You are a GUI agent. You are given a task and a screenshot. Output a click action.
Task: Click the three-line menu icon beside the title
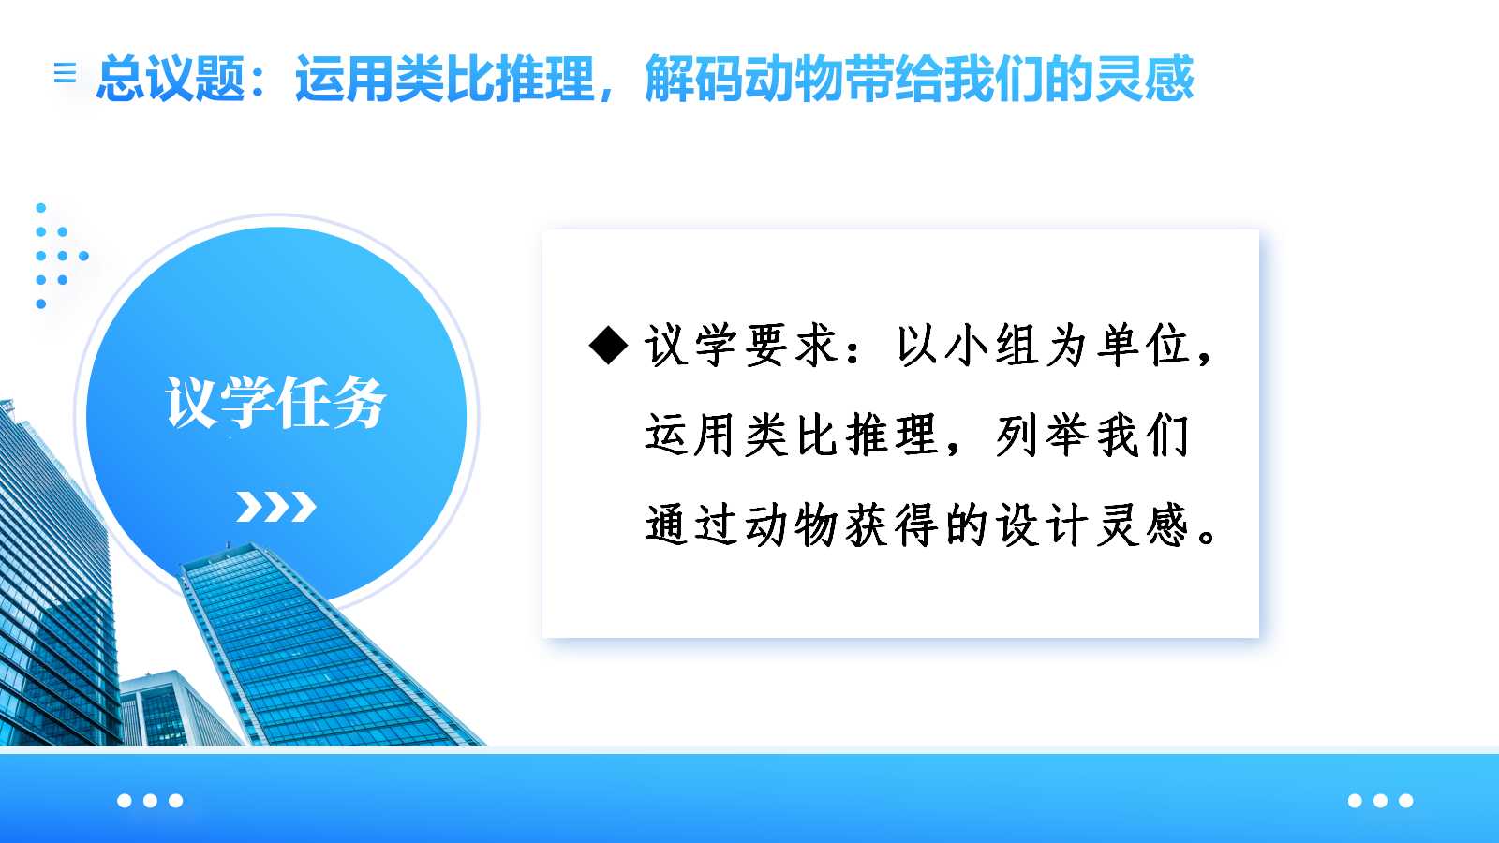coord(65,72)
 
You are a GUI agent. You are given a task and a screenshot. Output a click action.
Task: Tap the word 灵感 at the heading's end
coord(1144,79)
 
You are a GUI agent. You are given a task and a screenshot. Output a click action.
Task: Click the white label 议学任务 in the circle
coord(275,402)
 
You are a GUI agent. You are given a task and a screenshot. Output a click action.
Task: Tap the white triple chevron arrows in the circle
coord(275,507)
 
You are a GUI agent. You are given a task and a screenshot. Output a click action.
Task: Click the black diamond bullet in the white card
coord(608,346)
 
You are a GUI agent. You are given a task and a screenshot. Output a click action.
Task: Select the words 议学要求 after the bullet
coord(741,346)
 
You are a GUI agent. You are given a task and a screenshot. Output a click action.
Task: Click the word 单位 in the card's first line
coord(1143,346)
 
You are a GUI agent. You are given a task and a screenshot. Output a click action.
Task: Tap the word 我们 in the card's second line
coord(1142,436)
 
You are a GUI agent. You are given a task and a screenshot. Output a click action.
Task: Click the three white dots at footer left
coord(150,800)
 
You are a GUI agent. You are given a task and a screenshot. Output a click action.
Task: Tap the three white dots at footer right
coord(1381,800)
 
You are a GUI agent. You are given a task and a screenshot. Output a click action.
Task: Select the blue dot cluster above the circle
coord(60,256)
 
